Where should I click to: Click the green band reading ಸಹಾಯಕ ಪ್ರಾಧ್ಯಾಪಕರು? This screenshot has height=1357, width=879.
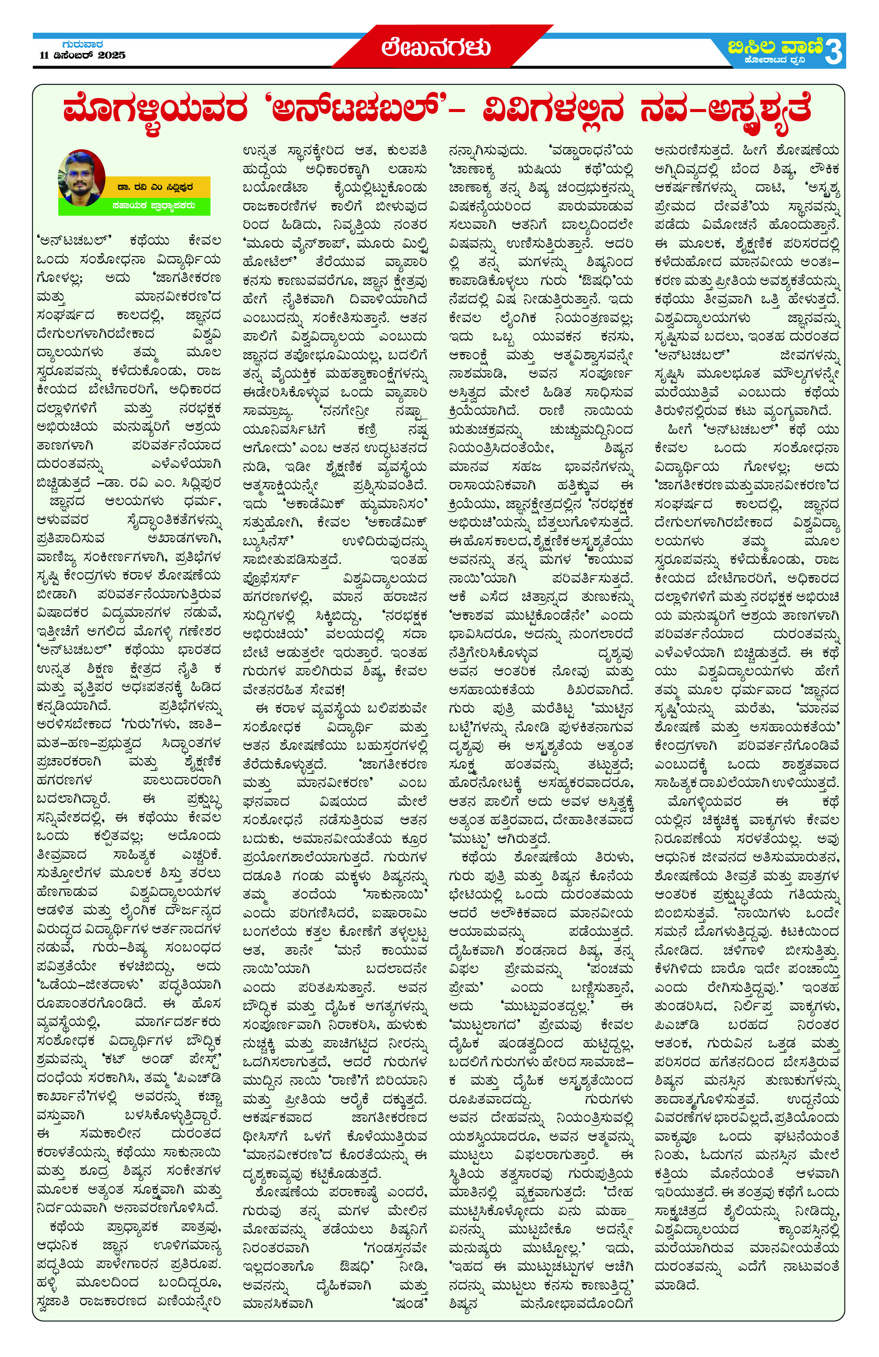click(x=154, y=205)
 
